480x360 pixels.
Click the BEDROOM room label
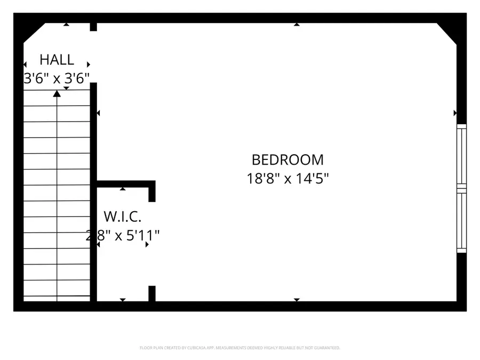point(287,159)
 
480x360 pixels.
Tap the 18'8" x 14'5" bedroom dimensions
point(287,178)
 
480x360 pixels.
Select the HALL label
point(57,59)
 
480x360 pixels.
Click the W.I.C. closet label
point(123,217)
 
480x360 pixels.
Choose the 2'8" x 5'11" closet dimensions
point(123,235)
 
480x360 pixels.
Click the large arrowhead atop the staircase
point(57,94)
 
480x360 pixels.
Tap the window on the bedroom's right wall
point(462,188)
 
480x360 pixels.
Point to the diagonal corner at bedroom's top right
point(448,33)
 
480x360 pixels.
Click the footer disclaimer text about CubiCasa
point(239,348)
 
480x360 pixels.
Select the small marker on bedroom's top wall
point(297,24)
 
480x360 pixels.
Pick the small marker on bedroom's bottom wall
point(297,300)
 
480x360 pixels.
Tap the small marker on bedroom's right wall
point(455,113)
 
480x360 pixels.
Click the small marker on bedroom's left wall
point(98,113)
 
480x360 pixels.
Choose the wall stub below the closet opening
point(152,293)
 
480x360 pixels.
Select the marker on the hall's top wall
point(66,24)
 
